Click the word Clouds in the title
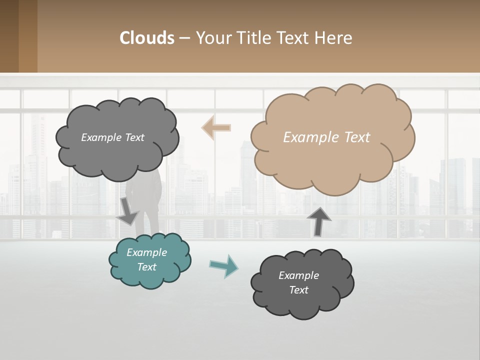pos(147,38)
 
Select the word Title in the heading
pos(254,38)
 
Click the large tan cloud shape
pos(332,160)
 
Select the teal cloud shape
pos(150,275)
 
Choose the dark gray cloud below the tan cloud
pos(302,300)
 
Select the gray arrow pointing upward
pos(318,221)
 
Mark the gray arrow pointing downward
pos(127,210)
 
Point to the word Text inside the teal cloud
pos(147,267)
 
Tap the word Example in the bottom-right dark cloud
pos(298,275)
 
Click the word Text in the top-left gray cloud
pos(133,137)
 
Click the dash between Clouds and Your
pos(184,38)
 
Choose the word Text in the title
pos(295,38)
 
